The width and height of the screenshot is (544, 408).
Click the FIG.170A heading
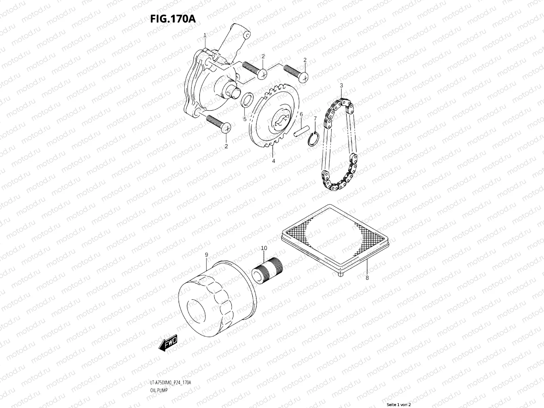pyautogui.click(x=173, y=19)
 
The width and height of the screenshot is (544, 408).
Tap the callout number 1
pyautogui.click(x=205, y=35)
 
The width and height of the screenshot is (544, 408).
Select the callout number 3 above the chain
pyautogui.click(x=341, y=85)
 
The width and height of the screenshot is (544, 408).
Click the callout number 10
pyautogui.click(x=264, y=249)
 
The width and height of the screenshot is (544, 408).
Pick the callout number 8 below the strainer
pyautogui.click(x=367, y=278)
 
